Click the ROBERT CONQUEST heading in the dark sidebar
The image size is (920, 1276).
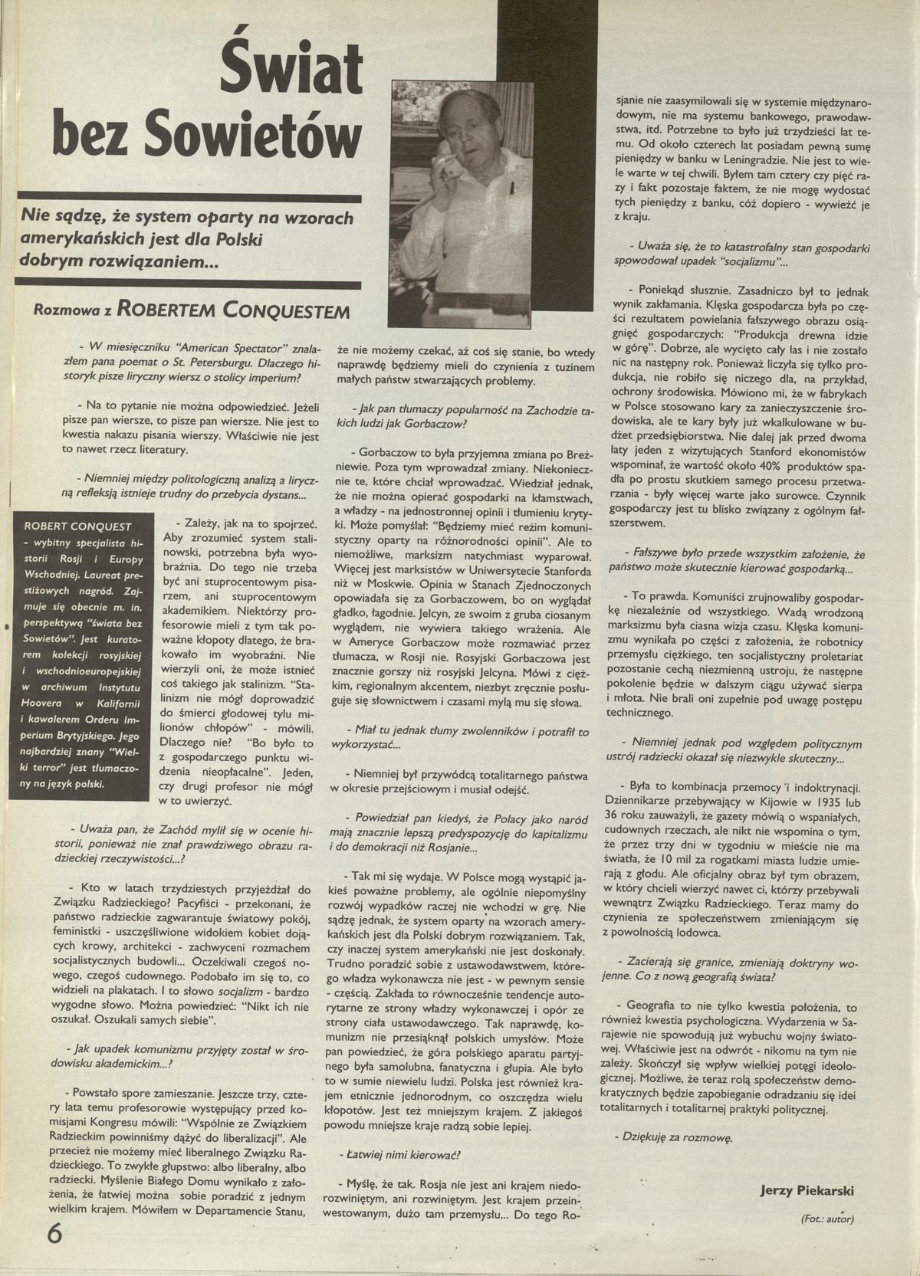[x=78, y=526]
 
